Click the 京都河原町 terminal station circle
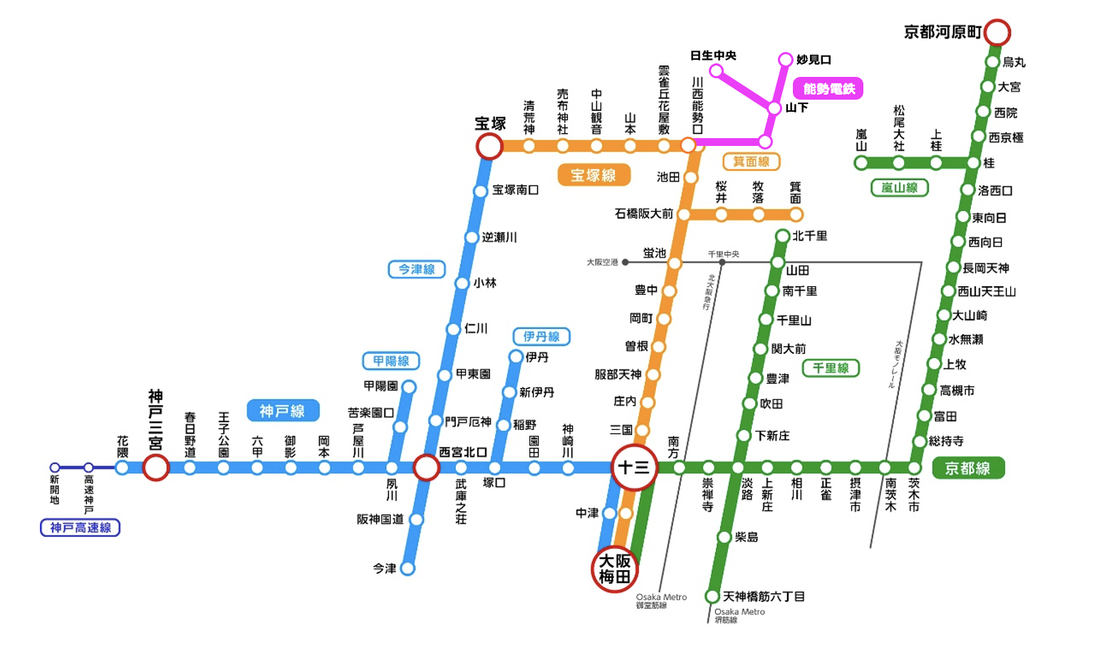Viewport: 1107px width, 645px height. pyautogui.click(x=997, y=32)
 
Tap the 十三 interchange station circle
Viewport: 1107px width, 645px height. pyautogui.click(x=633, y=468)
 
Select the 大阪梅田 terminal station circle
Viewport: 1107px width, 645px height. pyautogui.click(x=614, y=569)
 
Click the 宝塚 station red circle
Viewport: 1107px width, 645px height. pyautogui.click(x=489, y=147)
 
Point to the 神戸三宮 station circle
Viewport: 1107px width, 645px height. pyautogui.click(x=155, y=468)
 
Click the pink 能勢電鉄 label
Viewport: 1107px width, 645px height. pyautogui.click(x=828, y=89)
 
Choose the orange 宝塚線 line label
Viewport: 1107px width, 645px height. pyautogui.click(x=593, y=175)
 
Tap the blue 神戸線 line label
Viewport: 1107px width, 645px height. pyautogui.click(x=283, y=411)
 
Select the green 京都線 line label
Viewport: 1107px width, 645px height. pyautogui.click(x=967, y=468)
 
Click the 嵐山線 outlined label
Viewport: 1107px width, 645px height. pyautogui.click(x=899, y=188)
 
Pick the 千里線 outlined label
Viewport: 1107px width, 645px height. pyautogui.click(x=831, y=368)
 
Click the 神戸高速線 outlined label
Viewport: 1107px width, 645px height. pyautogui.click(x=80, y=528)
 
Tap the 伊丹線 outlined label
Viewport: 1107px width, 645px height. pyautogui.click(x=541, y=337)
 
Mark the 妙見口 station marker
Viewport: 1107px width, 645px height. pyautogui.click(x=785, y=59)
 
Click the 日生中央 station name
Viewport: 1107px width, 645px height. pyautogui.click(x=713, y=56)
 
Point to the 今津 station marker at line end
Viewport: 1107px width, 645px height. pyautogui.click(x=407, y=568)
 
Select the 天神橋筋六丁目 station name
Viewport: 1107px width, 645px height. pyautogui.click(x=764, y=596)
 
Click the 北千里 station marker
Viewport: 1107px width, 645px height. pyautogui.click(x=782, y=236)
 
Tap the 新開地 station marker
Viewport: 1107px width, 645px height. pyautogui.click(x=55, y=468)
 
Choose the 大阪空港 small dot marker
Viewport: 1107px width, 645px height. pyautogui.click(x=625, y=263)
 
